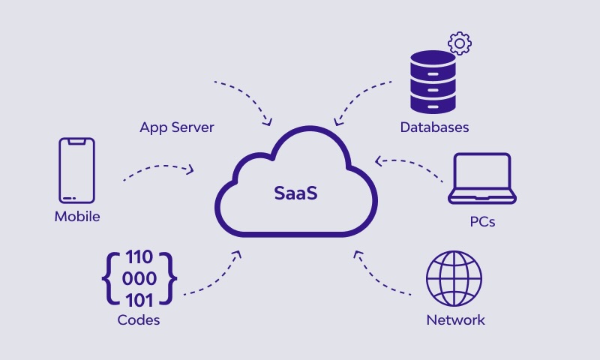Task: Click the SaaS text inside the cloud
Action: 295,193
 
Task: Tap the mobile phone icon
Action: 76,170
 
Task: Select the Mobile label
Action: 77,217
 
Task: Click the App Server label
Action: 177,127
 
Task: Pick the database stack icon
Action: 432,81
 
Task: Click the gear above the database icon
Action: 459,42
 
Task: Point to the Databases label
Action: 434,127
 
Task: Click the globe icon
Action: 454,277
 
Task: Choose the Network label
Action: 455,320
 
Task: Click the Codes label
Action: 139,320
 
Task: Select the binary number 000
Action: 139,280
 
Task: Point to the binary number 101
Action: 139,300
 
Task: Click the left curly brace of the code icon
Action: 109,280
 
